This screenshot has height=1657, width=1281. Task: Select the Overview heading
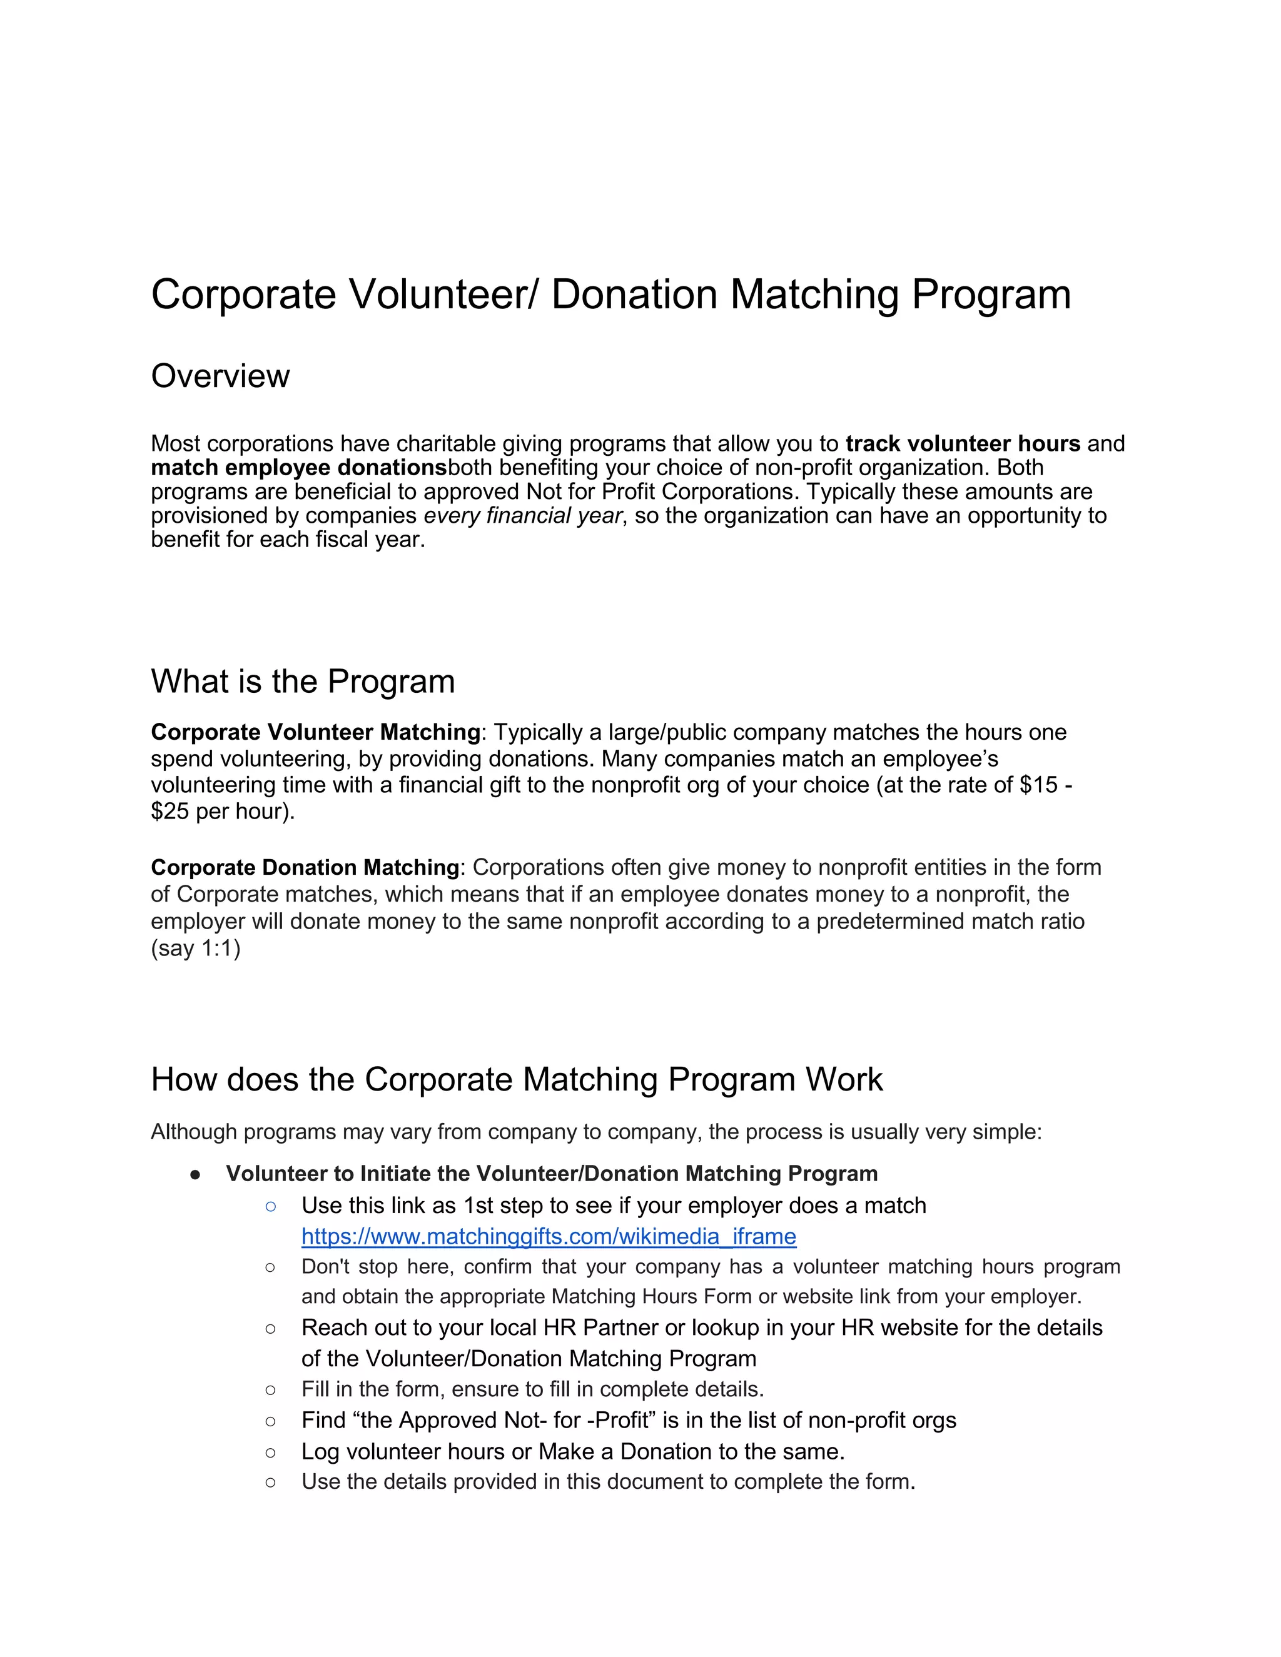[220, 376]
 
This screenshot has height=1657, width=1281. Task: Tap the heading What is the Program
[303, 682]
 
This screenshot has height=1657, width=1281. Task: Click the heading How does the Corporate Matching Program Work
[516, 1079]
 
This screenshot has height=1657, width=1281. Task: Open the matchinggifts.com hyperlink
[548, 1236]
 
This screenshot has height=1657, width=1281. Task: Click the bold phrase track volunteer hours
[962, 443]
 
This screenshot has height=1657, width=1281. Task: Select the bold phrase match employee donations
[299, 467]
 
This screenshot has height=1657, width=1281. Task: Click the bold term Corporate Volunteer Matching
[315, 732]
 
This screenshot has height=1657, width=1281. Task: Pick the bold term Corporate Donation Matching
[305, 867]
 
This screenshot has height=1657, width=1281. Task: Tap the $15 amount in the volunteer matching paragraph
[1038, 785]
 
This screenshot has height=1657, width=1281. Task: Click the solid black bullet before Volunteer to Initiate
[195, 1174]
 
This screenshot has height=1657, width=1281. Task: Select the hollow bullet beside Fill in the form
[271, 1390]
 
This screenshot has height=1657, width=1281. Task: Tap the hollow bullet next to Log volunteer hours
[271, 1452]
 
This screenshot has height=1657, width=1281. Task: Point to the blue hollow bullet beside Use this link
[271, 1206]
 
